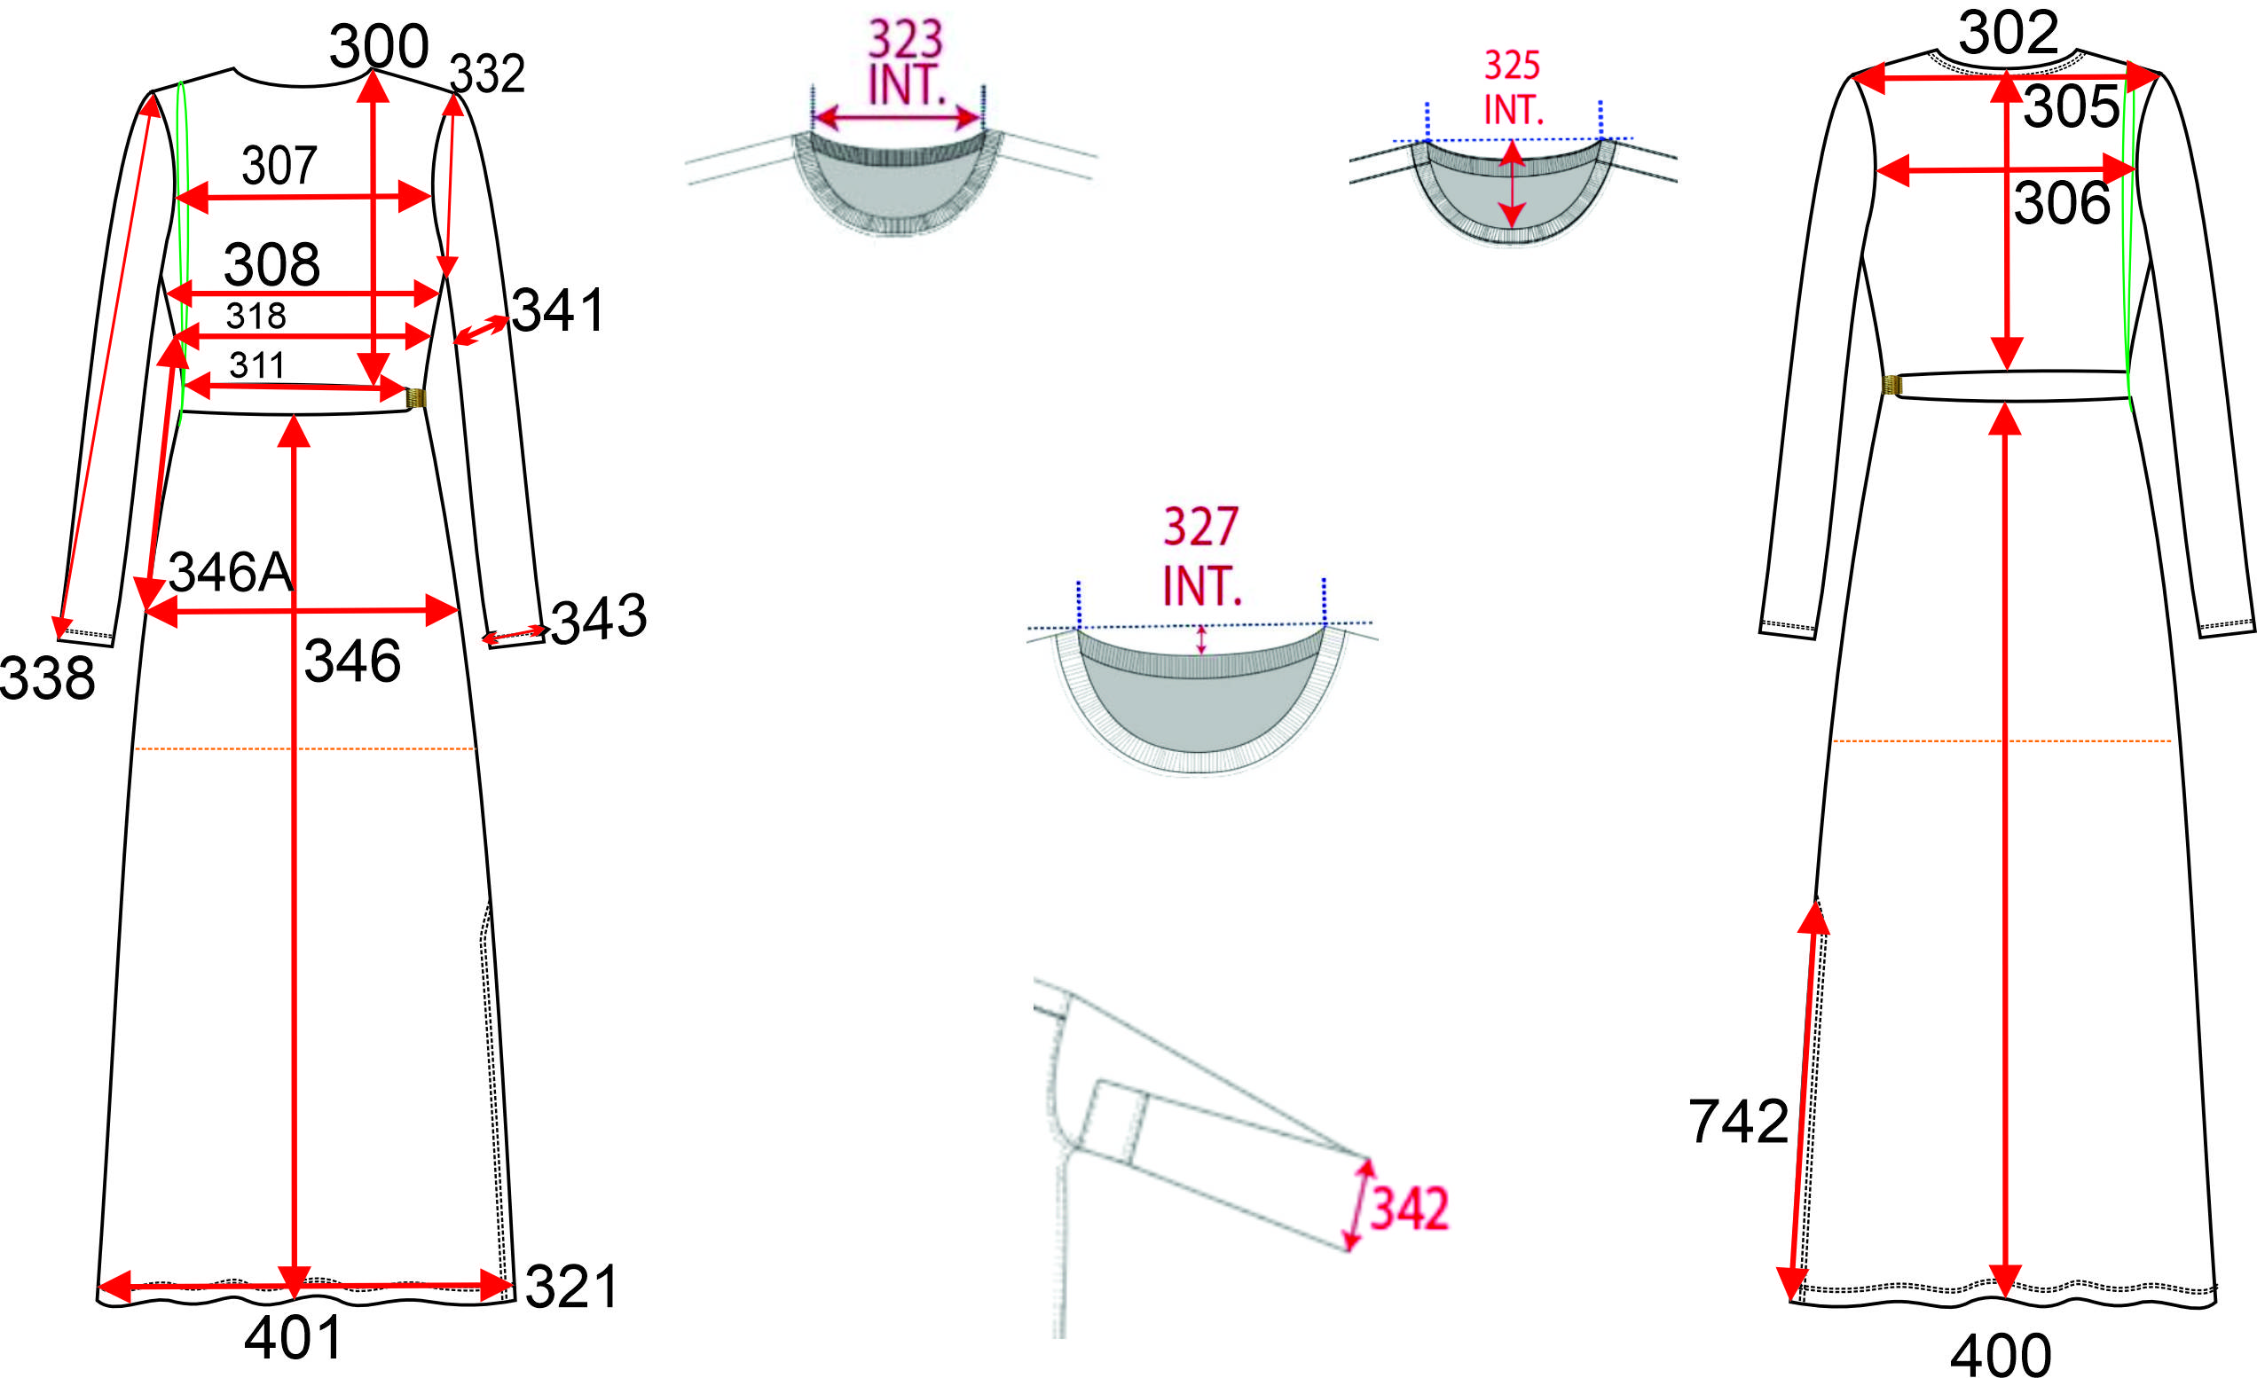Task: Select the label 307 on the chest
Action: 279,166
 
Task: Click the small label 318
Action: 256,316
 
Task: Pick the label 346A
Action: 231,572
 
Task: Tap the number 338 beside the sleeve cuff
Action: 47,678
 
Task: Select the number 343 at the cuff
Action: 599,619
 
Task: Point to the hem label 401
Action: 293,1338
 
